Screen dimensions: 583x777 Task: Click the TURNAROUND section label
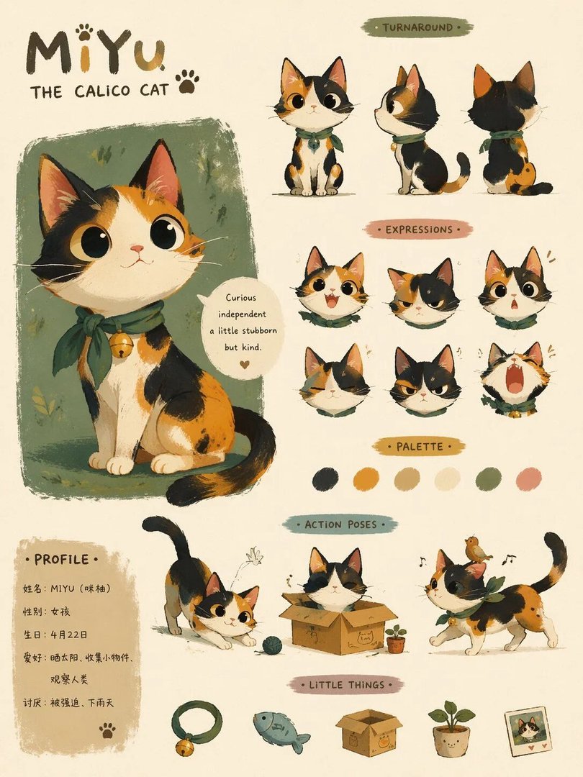pos(417,27)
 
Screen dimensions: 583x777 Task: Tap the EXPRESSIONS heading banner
pos(419,230)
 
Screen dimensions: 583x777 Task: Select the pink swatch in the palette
pos(528,479)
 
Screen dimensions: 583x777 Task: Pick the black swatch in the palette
pos(325,479)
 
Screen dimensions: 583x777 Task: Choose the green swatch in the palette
pos(488,479)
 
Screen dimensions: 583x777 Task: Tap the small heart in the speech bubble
pos(244,364)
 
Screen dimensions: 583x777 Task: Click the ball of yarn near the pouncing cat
pos(271,645)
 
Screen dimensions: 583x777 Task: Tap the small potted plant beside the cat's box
pos(396,640)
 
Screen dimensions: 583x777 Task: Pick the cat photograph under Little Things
pos(528,732)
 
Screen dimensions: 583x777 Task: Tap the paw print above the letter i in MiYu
pos(84,32)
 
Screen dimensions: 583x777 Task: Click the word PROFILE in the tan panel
pos(61,560)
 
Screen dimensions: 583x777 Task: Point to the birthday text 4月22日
pos(69,635)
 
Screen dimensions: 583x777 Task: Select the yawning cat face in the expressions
pos(515,378)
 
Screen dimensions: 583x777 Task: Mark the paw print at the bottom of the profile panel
pos(107,730)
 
